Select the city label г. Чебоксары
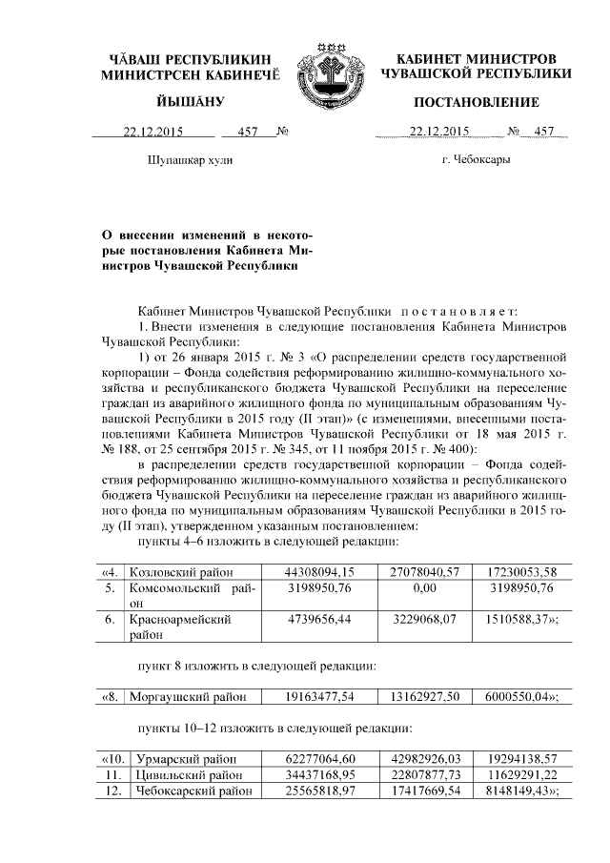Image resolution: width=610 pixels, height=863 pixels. [475, 159]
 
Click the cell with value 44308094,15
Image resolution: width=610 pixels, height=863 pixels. [319, 571]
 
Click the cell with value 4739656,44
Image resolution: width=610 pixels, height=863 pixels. [319, 620]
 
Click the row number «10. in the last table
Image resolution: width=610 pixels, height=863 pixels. [112, 759]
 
